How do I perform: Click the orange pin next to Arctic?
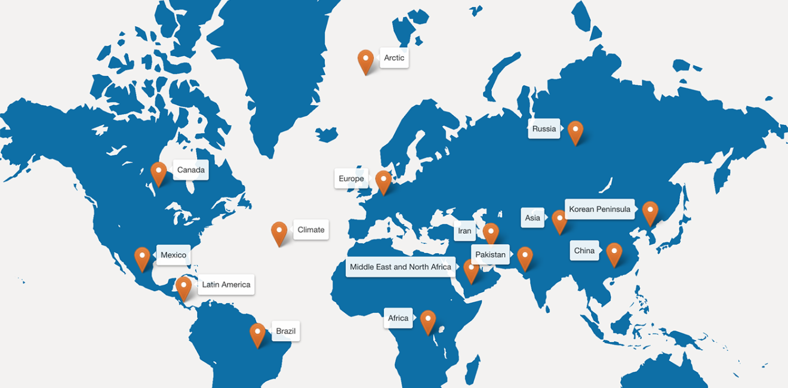click(x=365, y=60)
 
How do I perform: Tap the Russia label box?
click(x=544, y=129)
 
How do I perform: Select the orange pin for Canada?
click(x=158, y=173)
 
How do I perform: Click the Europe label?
click(x=351, y=178)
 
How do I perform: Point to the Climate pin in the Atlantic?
click(x=279, y=232)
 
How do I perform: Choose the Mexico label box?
click(x=173, y=255)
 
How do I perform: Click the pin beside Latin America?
click(x=184, y=287)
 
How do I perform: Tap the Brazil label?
click(x=285, y=331)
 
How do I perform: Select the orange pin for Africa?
click(x=428, y=321)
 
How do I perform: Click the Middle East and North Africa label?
click(x=401, y=267)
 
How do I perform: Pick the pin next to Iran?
click(x=491, y=233)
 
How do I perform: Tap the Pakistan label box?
click(x=490, y=255)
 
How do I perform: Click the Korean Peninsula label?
click(x=599, y=210)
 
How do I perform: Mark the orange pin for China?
click(x=614, y=252)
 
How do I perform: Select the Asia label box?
click(x=532, y=218)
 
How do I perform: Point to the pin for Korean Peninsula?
click(x=650, y=211)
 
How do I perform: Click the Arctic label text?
click(x=394, y=58)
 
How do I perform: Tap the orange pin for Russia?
click(x=575, y=131)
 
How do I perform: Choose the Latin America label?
click(x=226, y=285)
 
